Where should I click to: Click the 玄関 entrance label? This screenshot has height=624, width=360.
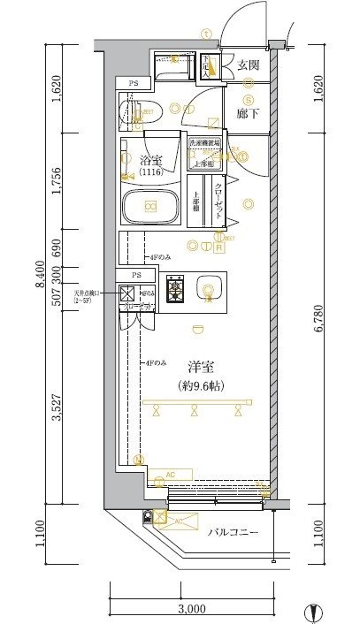[x=249, y=65]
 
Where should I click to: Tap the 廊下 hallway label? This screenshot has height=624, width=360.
[x=248, y=113]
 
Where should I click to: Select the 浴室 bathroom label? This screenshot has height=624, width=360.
[x=151, y=161]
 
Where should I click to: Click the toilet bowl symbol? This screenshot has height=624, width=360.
[x=128, y=111]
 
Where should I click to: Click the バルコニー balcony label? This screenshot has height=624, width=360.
[x=233, y=533]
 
